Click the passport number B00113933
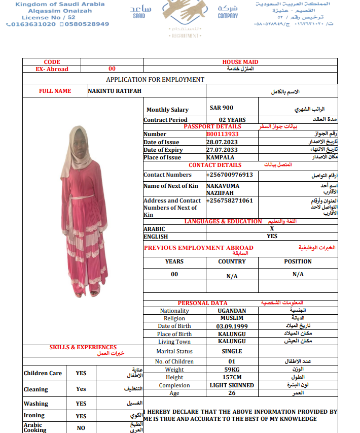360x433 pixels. [x=222, y=135]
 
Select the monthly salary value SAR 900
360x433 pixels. [x=222, y=108]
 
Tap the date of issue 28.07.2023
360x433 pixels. [x=222, y=142]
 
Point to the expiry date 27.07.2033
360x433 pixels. [x=222, y=150]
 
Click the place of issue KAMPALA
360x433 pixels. [x=220, y=157]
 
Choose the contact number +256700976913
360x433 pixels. [x=229, y=175]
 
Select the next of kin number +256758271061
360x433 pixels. [x=229, y=201]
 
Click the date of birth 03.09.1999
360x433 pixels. [x=232, y=326]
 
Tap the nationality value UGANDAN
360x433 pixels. [x=232, y=311]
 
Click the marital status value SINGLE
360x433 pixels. [x=232, y=351]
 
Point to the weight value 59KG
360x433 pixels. [x=232, y=370]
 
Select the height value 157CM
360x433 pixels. [x=232, y=378]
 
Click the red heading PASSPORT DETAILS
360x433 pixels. [x=212, y=126]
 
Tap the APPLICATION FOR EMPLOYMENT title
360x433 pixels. [x=155, y=80]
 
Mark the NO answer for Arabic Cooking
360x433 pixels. [x=81, y=428]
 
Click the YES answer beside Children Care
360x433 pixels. [x=81, y=373]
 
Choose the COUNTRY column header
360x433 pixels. [x=232, y=261]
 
